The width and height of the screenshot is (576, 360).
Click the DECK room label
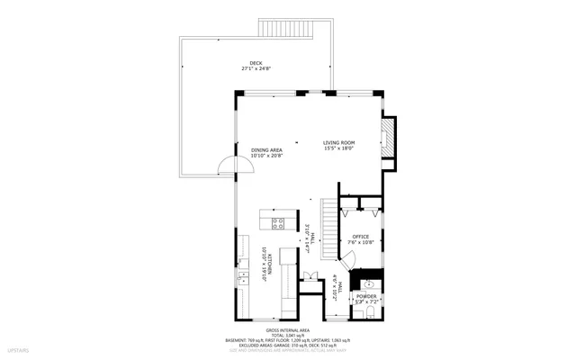coord(256,62)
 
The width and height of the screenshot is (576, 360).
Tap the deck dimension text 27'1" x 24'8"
coord(256,68)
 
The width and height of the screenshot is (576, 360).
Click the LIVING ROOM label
coord(339,142)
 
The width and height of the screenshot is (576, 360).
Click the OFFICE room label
coord(360,237)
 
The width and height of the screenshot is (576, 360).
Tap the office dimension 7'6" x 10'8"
coord(360,243)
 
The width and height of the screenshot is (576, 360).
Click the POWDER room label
coord(365,296)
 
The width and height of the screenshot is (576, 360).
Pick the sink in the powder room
coord(367,283)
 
